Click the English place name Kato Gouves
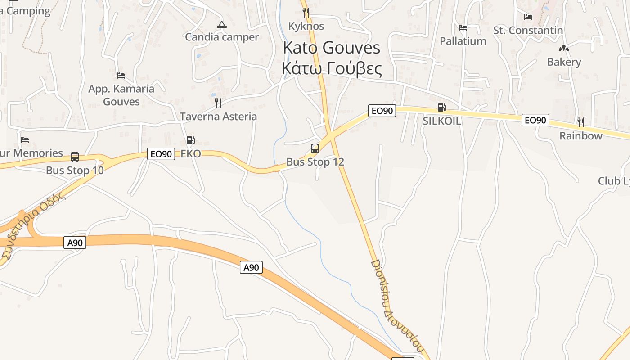pos(332,48)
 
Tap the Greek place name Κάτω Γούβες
pos(332,69)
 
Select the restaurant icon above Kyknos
pos(306,13)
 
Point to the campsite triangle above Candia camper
pos(222,24)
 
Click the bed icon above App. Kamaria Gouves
pos(121,75)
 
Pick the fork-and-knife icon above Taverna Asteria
pos(218,103)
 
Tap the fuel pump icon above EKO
pos(191,140)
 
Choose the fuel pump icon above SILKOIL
pos(442,108)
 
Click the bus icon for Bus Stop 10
pos(75,157)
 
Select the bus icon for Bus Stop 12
pos(315,148)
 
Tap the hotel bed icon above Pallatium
pos(463,28)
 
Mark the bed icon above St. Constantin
pos(528,17)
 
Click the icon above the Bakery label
pos(563,49)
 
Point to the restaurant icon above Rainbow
pos(581,122)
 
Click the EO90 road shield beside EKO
pos(161,154)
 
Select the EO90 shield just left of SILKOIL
pos(382,111)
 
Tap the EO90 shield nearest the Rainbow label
pos(535,120)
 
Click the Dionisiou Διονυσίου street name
pos(397,306)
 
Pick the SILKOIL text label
pos(442,121)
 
